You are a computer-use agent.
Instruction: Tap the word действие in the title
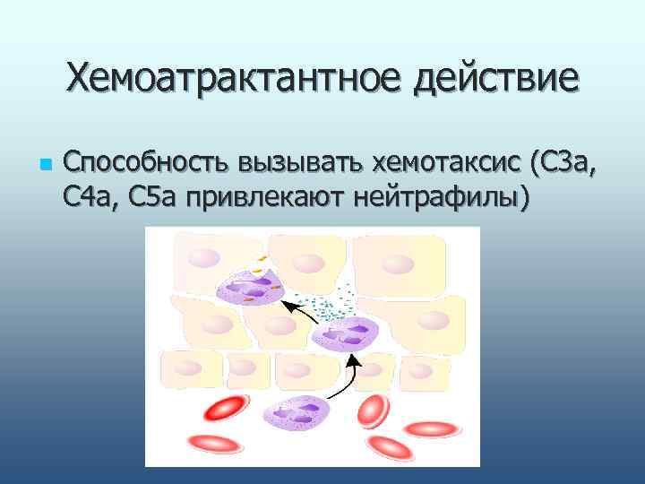(496, 78)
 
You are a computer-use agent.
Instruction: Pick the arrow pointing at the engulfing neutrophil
(301, 314)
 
